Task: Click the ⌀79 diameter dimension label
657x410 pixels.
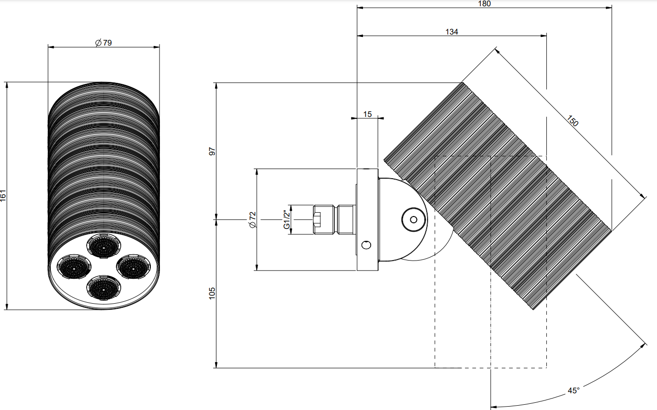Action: (103, 43)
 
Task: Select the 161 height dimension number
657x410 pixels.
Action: (3, 195)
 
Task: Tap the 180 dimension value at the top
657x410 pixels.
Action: (484, 3)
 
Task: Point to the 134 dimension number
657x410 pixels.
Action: (452, 32)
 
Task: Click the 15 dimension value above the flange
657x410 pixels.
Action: (367, 114)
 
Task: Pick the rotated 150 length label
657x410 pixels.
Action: (572, 121)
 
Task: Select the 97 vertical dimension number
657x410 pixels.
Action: (212, 151)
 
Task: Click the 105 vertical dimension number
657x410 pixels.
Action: (212, 293)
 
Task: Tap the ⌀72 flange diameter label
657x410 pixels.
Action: (252, 220)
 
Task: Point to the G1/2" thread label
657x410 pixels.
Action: (286, 219)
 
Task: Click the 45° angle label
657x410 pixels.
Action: (573, 391)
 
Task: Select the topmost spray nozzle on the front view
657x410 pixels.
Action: (104, 246)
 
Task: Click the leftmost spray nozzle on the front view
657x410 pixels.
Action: (74, 267)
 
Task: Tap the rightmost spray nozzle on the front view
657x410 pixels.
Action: (134, 267)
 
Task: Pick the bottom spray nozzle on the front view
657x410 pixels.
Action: (104, 288)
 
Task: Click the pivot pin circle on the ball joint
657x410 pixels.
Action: (414, 220)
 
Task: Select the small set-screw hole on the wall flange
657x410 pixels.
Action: (366, 245)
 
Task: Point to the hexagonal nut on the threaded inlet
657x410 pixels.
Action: (324, 219)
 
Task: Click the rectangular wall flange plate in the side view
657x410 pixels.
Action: (367, 220)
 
